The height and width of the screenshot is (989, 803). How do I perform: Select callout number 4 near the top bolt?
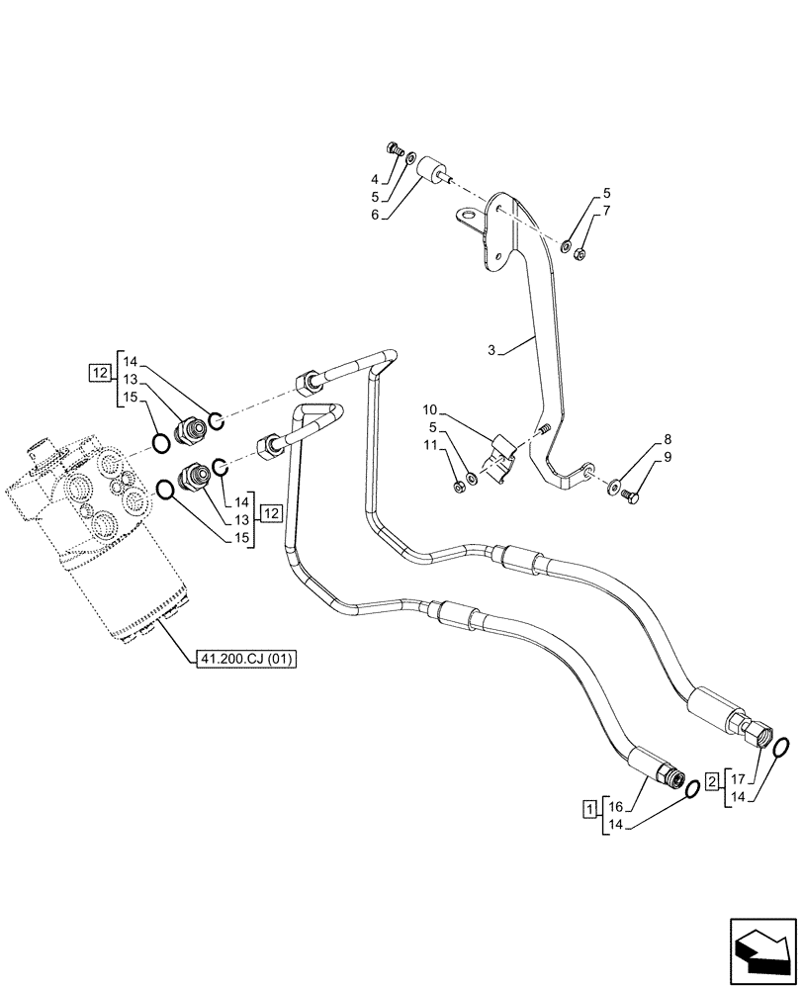click(375, 179)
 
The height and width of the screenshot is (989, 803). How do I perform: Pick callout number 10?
click(431, 409)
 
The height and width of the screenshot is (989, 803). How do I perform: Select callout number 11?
click(431, 446)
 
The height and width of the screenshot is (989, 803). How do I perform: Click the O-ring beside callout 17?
click(779, 749)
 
